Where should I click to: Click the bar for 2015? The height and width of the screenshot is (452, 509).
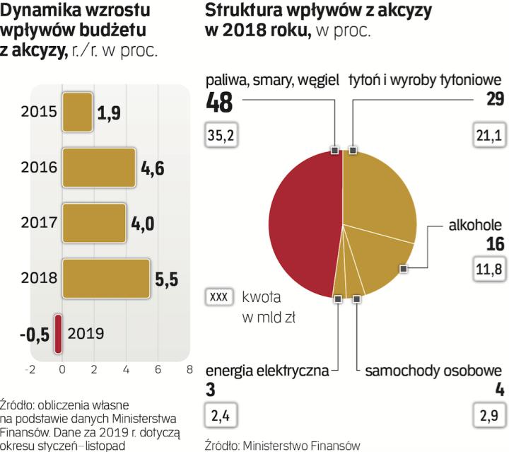click(x=78, y=112)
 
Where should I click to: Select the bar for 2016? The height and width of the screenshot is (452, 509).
click(x=98, y=168)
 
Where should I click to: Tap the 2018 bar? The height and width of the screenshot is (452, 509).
click(x=106, y=279)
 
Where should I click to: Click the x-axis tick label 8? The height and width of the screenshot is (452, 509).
click(x=189, y=369)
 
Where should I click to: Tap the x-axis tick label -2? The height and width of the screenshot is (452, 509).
click(x=30, y=369)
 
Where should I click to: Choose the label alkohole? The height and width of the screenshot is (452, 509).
click(x=475, y=226)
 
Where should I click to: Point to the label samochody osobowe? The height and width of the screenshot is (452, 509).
click(x=433, y=370)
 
